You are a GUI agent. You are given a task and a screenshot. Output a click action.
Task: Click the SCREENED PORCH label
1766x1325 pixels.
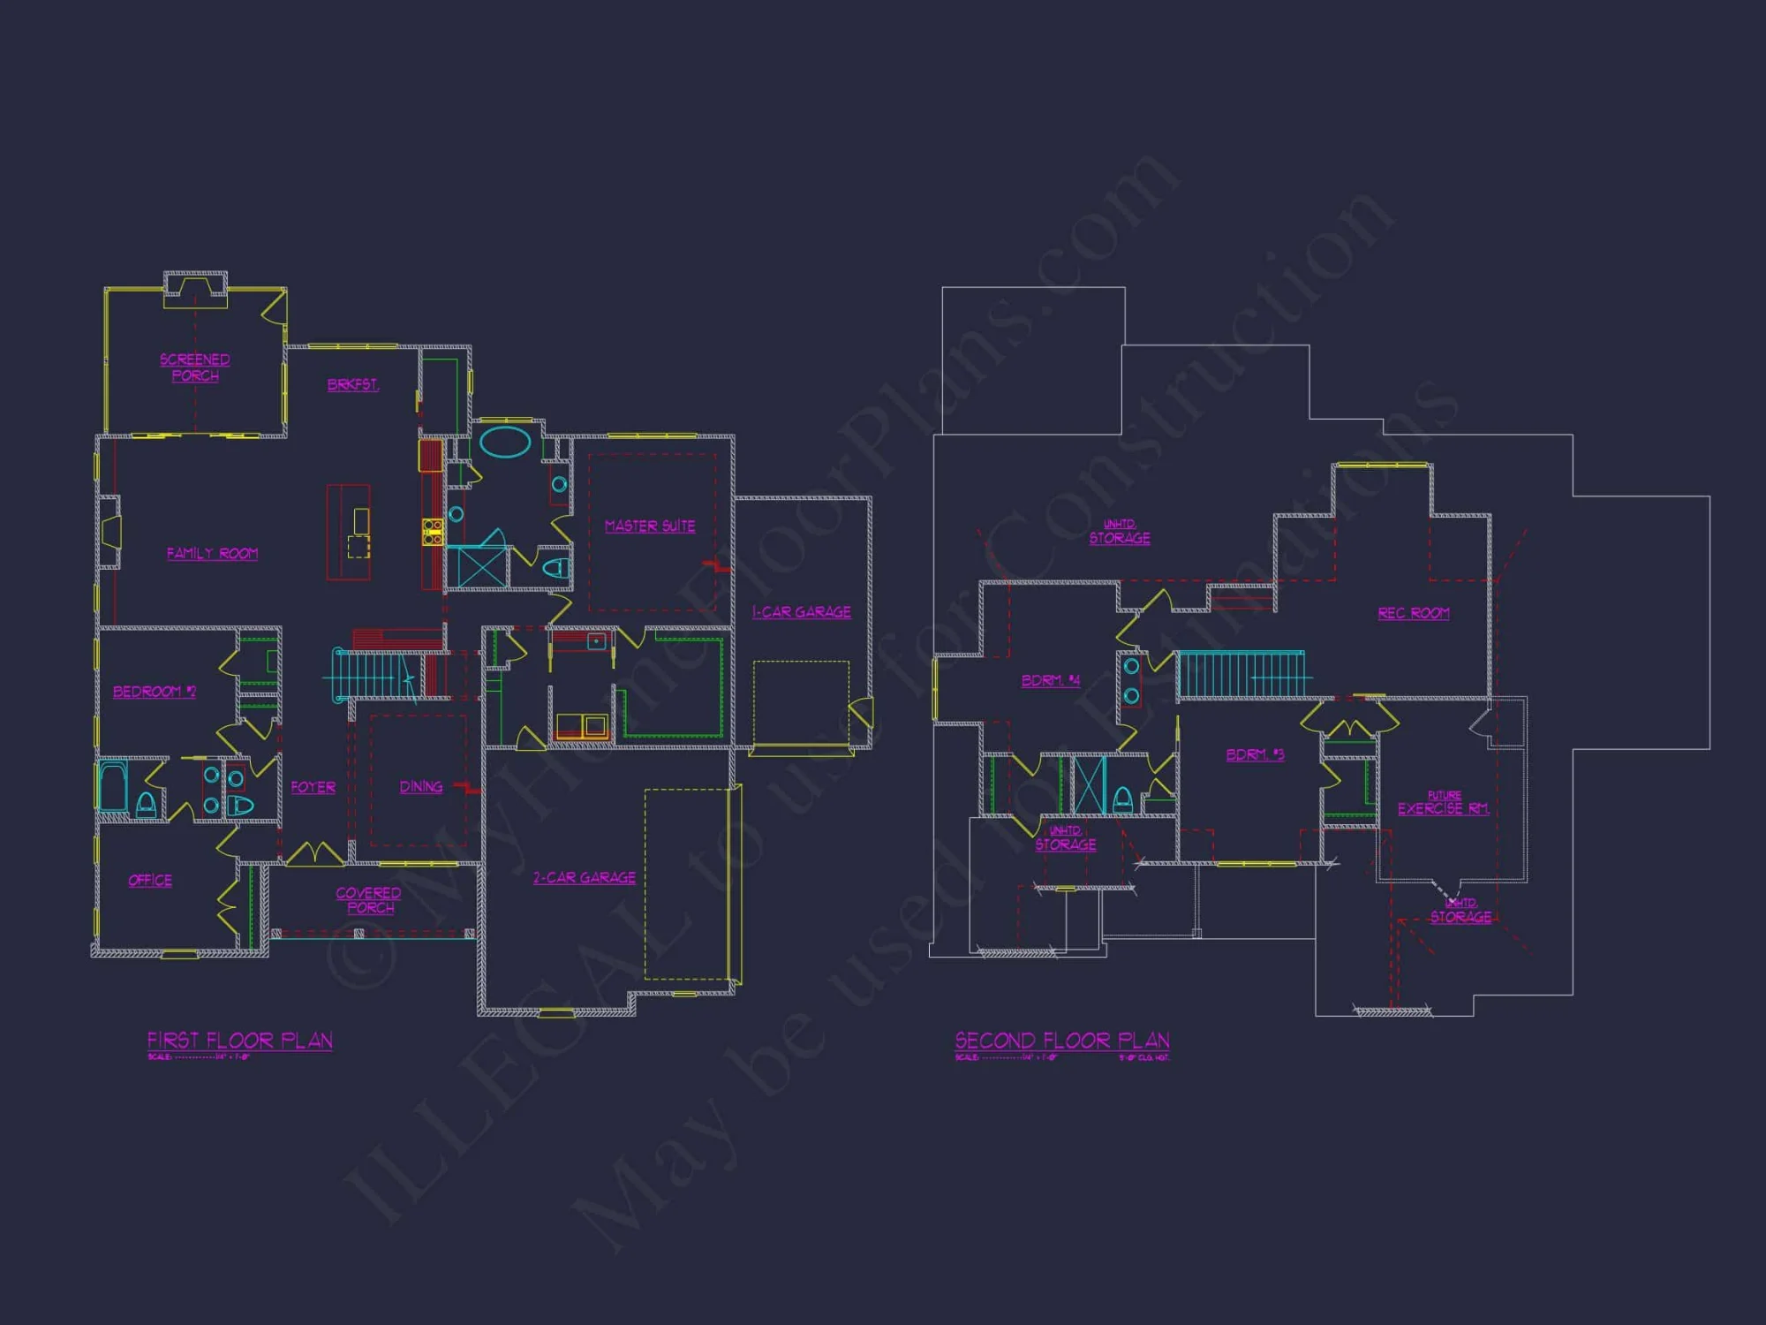coord(195,367)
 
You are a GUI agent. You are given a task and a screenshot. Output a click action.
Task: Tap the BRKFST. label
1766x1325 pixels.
coord(353,385)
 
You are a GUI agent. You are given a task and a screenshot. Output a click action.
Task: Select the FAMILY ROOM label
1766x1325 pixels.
coord(213,554)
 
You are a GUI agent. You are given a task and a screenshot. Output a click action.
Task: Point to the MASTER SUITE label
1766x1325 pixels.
coord(650,526)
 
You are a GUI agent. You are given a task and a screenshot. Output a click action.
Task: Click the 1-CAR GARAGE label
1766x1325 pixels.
coord(802,612)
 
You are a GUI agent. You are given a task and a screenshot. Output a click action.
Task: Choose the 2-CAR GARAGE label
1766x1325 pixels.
coord(585,878)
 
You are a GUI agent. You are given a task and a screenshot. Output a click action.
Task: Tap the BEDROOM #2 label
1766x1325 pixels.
coord(155,692)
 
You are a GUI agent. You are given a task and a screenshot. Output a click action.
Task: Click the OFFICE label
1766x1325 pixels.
coord(150,881)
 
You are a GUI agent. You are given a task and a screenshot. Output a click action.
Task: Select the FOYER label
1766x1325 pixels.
coord(313,787)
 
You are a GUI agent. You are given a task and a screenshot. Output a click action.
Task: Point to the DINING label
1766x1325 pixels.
coord(421,787)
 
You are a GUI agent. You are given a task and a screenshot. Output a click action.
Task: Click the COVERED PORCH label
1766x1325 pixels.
coord(369,900)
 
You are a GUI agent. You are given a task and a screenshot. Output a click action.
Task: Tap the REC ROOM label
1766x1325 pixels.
coord(1414,614)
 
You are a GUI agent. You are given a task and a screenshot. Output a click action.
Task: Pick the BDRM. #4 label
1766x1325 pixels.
coord(1051,681)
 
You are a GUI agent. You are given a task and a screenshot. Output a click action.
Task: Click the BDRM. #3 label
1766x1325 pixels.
coord(1255,755)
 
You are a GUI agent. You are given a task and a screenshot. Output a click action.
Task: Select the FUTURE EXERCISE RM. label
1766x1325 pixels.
coord(1444,804)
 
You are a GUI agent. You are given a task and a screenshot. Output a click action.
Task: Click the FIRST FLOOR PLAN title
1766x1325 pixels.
coord(240,1041)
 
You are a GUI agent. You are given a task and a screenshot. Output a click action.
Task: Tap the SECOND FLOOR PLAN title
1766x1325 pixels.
coord(1062,1041)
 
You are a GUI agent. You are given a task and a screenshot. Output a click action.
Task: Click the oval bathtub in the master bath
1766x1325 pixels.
coord(505,443)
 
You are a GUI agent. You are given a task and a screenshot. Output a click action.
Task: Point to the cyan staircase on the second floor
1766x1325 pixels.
coord(1241,675)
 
